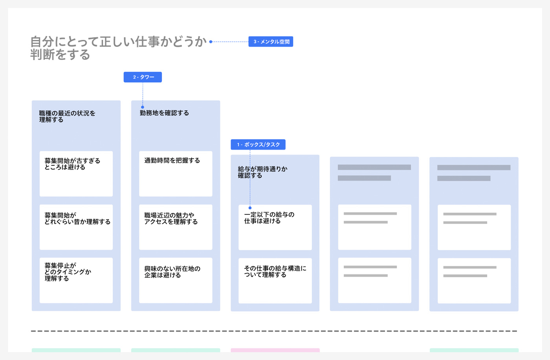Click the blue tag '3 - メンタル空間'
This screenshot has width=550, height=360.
point(270,42)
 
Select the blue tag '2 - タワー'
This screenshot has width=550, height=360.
point(143,77)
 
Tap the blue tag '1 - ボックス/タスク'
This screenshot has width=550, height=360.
point(258,145)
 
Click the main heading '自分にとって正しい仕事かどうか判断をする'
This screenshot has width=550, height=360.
point(118,48)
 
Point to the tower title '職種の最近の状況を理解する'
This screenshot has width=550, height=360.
point(67,116)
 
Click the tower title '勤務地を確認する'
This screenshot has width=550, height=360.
point(164,113)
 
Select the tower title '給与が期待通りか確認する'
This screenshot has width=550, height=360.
point(263,172)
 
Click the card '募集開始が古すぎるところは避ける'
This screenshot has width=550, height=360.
point(76,174)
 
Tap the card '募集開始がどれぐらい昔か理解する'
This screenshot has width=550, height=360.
point(76,227)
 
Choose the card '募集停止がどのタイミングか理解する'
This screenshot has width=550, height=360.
point(76,280)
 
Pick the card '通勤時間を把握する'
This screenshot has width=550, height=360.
point(176,174)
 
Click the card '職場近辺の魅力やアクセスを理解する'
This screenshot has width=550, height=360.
point(176,227)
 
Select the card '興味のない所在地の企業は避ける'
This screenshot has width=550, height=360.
point(176,280)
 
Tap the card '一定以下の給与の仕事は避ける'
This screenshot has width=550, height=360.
point(275,228)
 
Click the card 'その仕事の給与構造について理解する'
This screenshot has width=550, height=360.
point(275,281)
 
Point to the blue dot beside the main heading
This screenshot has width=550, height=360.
point(211,42)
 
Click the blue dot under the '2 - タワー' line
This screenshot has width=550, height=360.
point(143,107)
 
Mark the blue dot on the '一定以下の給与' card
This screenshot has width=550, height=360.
point(250,208)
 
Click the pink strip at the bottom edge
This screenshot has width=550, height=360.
point(275,350)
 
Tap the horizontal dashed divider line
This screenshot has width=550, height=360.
point(274,331)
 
